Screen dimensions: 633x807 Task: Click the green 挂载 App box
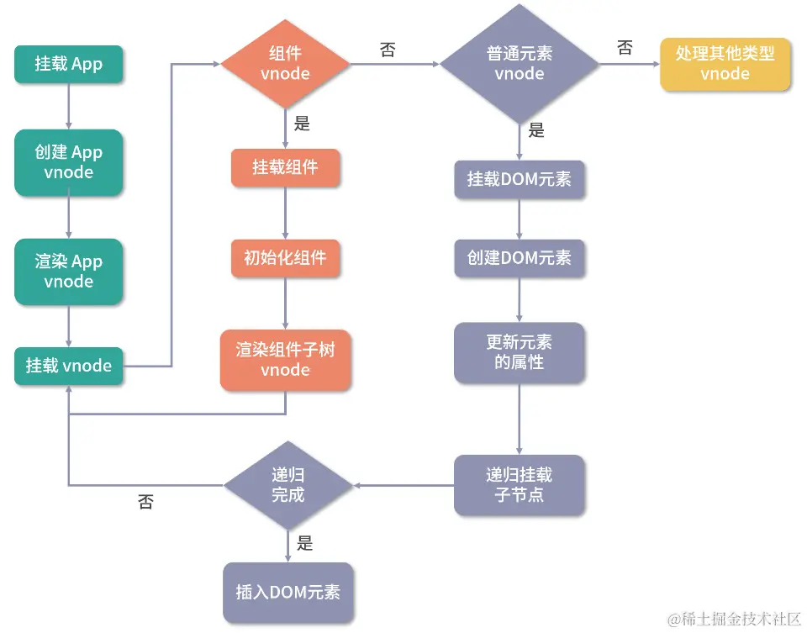69,64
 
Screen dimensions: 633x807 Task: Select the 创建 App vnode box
69,162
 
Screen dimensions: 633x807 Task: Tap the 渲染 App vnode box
69,272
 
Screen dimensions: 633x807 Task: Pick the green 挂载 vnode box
69,366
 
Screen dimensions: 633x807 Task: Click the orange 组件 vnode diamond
286,64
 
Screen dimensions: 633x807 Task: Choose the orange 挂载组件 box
286,167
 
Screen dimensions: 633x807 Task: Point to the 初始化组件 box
286,258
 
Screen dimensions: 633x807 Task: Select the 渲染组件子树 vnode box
286,360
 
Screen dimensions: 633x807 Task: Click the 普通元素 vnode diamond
520,64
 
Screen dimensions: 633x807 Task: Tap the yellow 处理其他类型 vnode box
725,64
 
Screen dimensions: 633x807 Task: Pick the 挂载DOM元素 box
520,179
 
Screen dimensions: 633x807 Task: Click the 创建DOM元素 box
520,258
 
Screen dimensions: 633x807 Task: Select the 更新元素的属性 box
520,353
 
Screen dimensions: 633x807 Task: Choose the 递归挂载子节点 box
520,485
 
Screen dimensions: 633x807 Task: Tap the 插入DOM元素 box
287,592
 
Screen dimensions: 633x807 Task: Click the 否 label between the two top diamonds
388,50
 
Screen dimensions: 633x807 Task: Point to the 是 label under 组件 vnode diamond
303,124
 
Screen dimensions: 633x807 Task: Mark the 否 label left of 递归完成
145,503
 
